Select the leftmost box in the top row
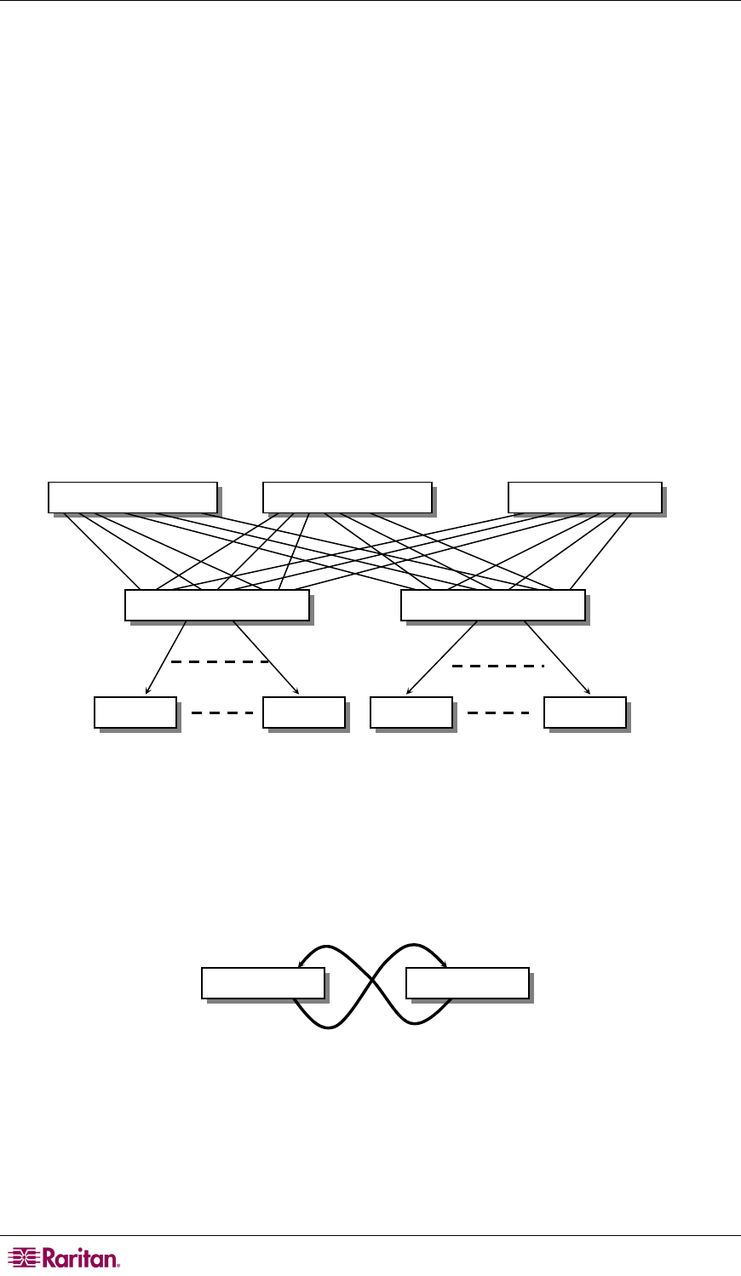[x=132, y=496]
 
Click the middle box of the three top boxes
[x=347, y=496]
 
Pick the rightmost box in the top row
[x=584, y=496]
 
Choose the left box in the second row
[x=216, y=604]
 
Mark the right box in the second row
[x=492, y=604]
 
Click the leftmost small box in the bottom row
[x=135, y=712]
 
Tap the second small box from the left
[x=304, y=712]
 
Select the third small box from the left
[x=411, y=712]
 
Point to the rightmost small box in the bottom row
[x=585, y=712]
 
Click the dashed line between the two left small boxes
[x=221, y=712]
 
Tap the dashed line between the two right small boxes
[x=498, y=712]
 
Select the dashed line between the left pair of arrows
[x=220, y=661]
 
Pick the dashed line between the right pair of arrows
[x=497, y=666]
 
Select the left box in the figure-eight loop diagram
[x=263, y=982]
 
